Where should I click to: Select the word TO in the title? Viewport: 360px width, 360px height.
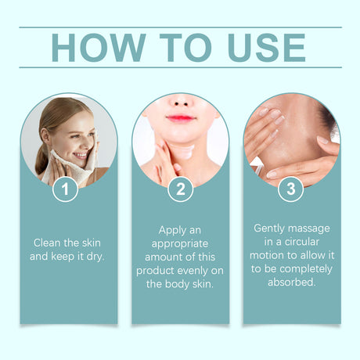click(185, 48)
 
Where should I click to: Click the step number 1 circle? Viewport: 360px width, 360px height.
click(65, 189)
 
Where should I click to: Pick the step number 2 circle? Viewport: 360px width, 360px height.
click(180, 189)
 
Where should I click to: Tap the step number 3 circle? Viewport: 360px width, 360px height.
click(290, 189)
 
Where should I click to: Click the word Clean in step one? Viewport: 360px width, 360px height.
click(47, 243)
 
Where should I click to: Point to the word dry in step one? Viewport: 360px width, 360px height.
click(95, 257)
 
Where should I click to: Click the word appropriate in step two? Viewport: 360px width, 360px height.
click(180, 244)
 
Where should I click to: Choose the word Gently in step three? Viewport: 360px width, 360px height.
click(269, 229)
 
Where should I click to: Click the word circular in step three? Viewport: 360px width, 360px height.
click(302, 242)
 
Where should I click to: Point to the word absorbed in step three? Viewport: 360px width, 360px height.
click(292, 283)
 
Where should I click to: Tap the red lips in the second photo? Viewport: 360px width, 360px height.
click(181, 118)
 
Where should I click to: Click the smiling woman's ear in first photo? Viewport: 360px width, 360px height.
click(45, 135)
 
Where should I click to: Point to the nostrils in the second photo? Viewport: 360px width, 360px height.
click(181, 104)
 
